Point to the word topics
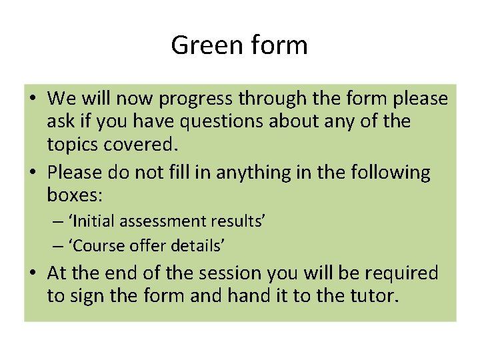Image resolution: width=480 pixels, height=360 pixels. (76, 145)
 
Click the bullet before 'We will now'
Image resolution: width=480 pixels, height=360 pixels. (33, 99)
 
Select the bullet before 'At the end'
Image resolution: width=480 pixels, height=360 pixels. (33, 273)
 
